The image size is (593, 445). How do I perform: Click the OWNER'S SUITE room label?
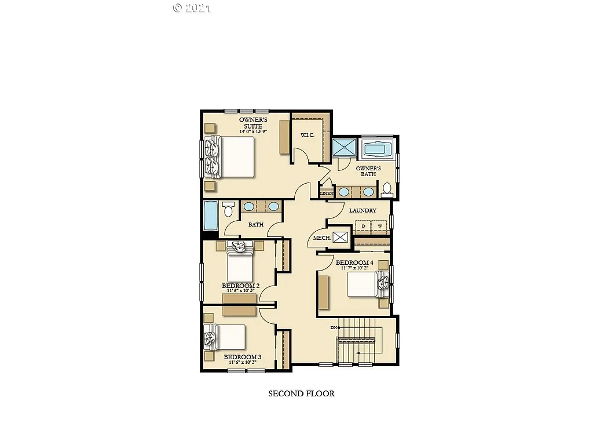click(x=252, y=123)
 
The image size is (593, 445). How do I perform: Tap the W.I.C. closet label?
click(x=307, y=136)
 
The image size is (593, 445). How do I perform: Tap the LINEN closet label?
click(x=327, y=193)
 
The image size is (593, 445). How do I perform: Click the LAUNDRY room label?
click(x=363, y=210)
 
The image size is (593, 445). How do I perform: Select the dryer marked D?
click(x=364, y=225)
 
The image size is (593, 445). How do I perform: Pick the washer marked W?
click(x=380, y=225)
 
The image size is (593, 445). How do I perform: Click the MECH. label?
click(x=322, y=238)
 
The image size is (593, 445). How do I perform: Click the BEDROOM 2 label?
click(x=240, y=286)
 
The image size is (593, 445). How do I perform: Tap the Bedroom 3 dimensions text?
click(x=242, y=363)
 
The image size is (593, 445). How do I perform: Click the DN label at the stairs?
click(x=334, y=328)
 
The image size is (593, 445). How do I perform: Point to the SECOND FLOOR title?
click(x=301, y=393)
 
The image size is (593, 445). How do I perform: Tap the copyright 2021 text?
click(x=192, y=8)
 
